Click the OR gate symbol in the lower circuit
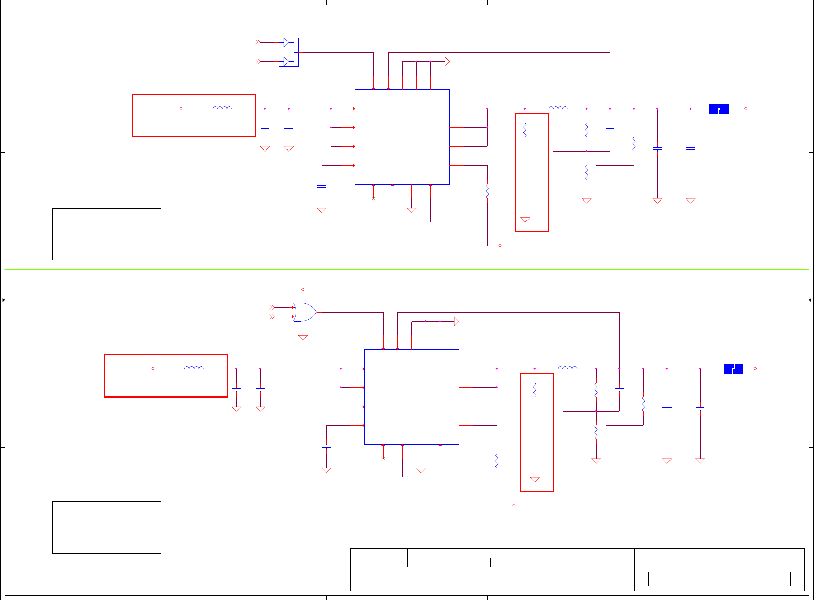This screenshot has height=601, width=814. pos(305,312)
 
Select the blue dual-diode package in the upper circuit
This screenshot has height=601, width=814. pos(289,52)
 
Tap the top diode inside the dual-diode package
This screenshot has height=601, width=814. pos(286,43)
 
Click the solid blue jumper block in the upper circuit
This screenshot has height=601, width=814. pos(719,109)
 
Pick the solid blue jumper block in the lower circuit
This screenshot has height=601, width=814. pos(733,369)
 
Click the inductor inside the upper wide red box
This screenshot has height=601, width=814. pos(222,108)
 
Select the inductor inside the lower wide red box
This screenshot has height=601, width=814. pos(194,368)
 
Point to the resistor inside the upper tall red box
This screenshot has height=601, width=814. pos(525,130)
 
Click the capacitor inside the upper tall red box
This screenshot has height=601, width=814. pos(525,191)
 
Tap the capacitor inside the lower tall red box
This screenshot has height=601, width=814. pos(535,451)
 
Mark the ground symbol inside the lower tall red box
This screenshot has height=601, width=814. pos(535,479)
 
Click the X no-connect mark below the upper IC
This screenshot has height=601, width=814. pos(374,198)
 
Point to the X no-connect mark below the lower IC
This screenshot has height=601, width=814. pos(383,458)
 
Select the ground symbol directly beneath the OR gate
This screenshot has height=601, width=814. pos(303,337)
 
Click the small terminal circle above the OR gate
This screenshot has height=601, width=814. pos(303,290)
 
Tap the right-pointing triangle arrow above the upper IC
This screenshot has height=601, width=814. pos(447,62)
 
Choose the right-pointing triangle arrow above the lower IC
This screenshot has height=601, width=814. pos(456,321)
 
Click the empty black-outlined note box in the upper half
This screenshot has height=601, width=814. pos(107,234)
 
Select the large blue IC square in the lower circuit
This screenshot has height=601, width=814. pos(411,397)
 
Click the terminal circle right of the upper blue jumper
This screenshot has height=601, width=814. pos(746,109)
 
